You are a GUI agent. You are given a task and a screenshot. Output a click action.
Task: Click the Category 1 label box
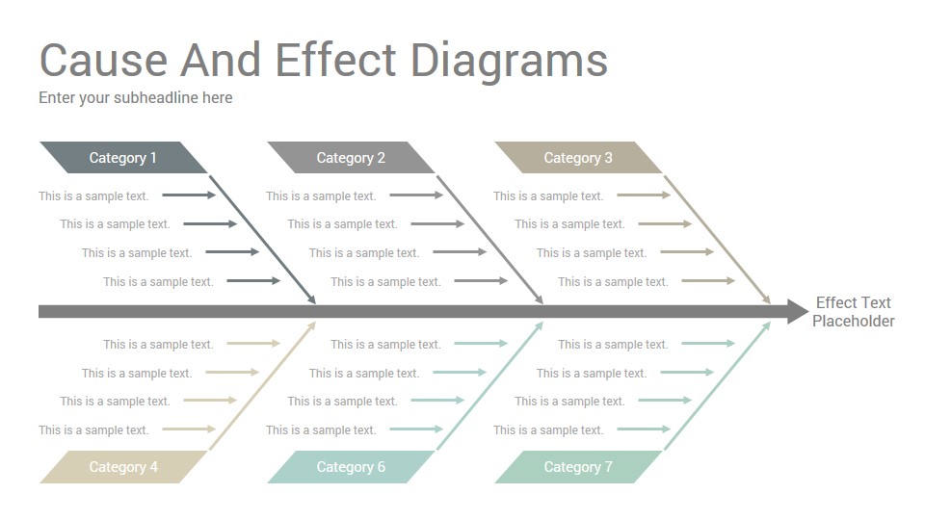coord(123,157)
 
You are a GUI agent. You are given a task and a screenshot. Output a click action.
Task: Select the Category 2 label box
coord(351,157)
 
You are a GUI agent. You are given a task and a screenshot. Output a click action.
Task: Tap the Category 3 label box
coord(578,157)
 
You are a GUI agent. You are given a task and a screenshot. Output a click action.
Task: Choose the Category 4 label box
coord(123,467)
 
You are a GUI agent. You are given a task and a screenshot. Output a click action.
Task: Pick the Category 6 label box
coord(351,467)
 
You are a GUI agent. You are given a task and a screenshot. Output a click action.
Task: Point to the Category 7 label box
coord(578,467)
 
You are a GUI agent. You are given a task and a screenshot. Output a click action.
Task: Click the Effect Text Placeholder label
coord(853,312)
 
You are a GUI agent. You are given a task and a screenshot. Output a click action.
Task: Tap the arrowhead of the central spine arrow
coord(798,311)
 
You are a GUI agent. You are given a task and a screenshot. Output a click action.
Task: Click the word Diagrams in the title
coord(509,62)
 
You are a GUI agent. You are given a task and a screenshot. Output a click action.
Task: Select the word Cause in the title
coord(103,61)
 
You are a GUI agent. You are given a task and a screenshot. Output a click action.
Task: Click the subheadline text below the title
coord(136,98)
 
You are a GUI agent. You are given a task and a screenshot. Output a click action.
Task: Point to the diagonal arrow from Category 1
coord(263,240)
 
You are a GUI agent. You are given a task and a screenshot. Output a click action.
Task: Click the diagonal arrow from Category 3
coord(718,240)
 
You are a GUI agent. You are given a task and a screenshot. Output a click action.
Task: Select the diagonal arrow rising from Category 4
coord(263,385)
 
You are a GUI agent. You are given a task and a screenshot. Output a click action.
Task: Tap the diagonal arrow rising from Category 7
coord(718,385)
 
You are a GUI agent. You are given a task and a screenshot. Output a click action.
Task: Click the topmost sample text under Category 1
coord(93,196)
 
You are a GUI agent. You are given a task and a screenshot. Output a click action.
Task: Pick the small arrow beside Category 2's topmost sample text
coord(416,195)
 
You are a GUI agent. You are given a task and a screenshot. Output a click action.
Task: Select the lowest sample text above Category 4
coord(93,430)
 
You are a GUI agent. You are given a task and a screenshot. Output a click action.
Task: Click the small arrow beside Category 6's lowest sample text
coord(416,429)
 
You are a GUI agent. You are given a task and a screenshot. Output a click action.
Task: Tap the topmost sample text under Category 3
coord(548,196)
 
